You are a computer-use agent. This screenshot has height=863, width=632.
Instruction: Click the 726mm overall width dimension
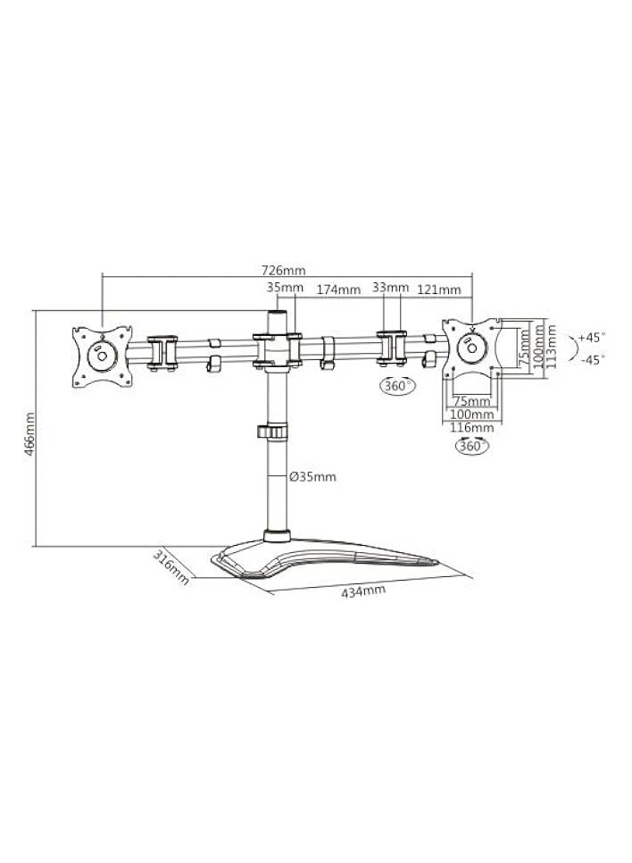point(283,269)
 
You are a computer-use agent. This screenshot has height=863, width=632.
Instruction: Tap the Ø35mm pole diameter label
point(313,477)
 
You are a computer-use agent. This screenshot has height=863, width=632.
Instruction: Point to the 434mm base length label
point(363,592)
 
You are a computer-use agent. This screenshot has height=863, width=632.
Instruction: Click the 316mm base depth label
point(171,567)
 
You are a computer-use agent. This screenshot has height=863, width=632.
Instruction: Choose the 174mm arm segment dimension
point(338,289)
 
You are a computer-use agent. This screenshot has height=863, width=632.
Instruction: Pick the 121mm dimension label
point(439,289)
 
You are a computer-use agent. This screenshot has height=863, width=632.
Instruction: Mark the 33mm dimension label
point(390,288)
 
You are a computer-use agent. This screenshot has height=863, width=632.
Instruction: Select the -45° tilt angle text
point(591,359)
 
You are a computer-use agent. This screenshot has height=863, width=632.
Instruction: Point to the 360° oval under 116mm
point(471,446)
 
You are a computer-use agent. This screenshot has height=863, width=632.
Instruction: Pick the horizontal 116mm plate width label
point(472,429)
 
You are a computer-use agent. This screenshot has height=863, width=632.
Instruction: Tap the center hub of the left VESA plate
point(102,355)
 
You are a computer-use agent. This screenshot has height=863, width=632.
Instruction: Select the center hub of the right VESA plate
point(470,349)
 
